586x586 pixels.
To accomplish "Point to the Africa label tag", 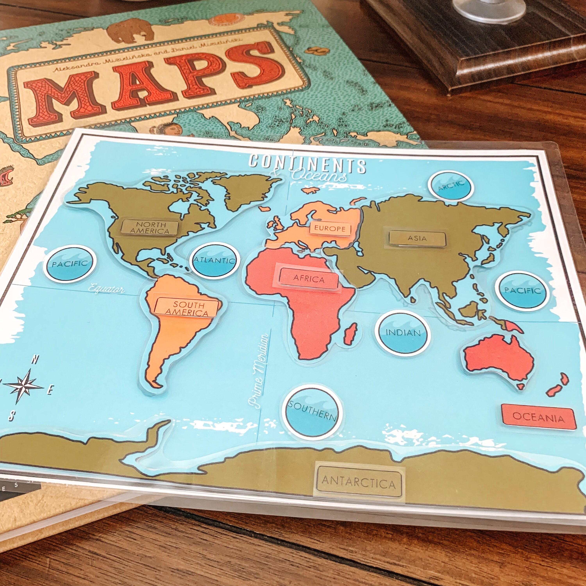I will click(x=309, y=278).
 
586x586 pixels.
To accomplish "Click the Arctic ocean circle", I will click(x=451, y=186).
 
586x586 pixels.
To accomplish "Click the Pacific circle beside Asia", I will click(x=522, y=291).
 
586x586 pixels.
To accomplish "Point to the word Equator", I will click(x=106, y=289).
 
